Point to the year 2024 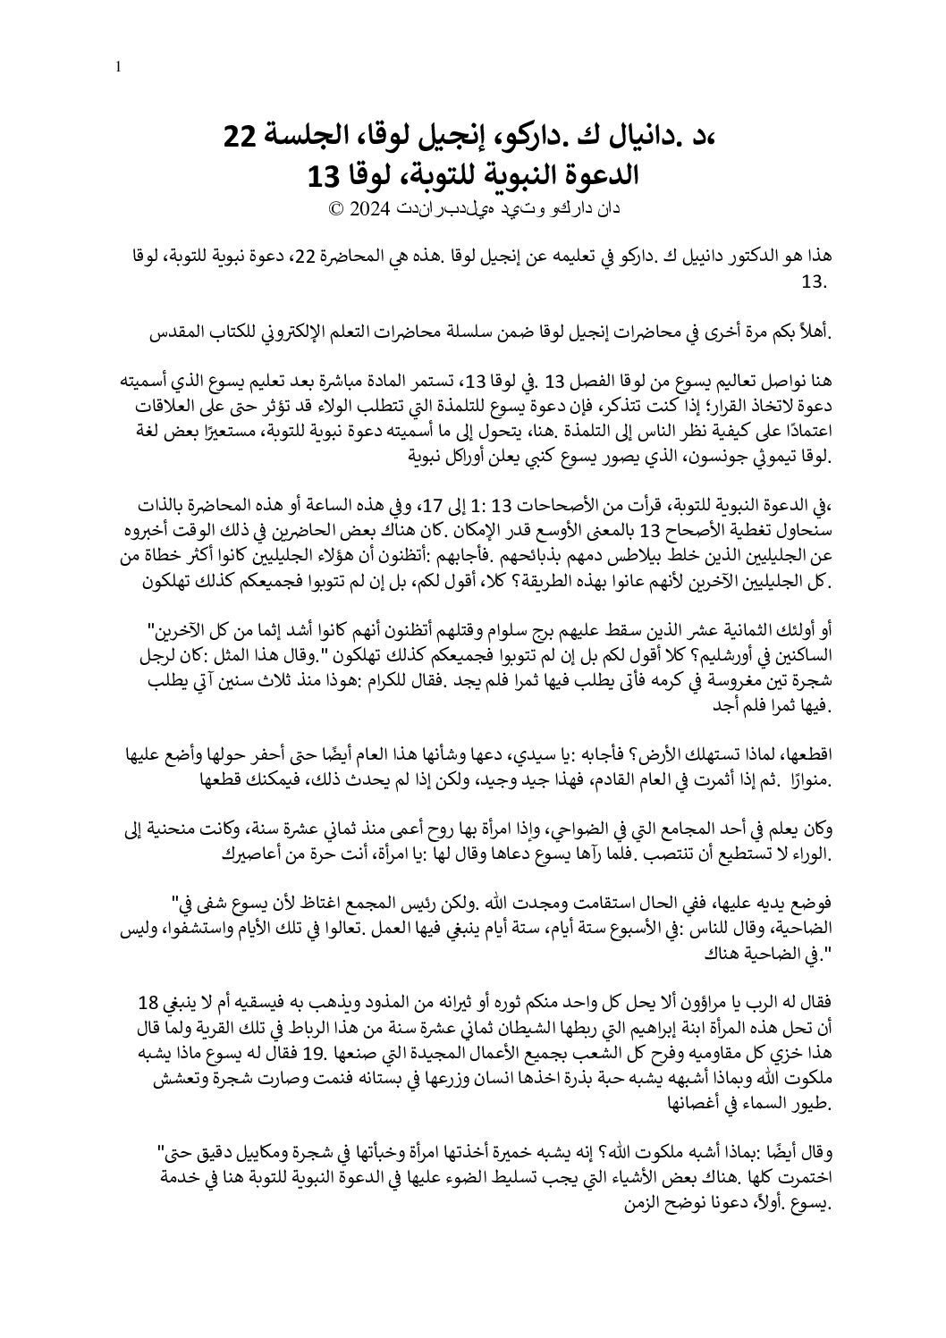tap(367, 210)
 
